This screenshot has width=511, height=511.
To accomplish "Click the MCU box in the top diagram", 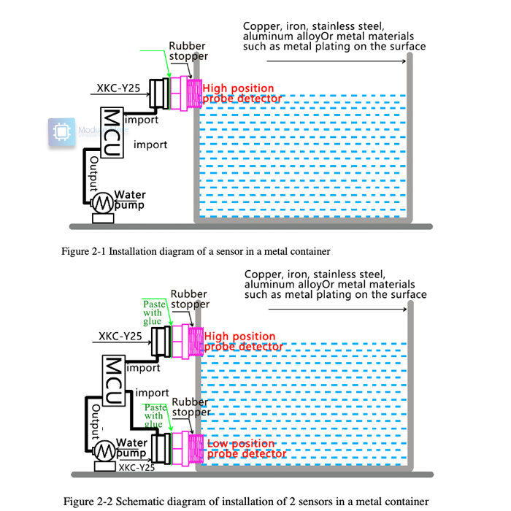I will click(x=112, y=131).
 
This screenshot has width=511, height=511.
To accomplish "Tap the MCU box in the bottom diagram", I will click(x=112, y=380).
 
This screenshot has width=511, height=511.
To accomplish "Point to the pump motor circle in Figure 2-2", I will click(x=104, y=450).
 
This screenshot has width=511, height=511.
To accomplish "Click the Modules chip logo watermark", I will click(x=62, y=133).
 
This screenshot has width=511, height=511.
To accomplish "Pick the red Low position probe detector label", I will click(x=245, y=448).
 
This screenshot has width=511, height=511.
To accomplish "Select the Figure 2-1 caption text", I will click(x=196, y=251).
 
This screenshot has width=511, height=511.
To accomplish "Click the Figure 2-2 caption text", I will click(x=245, y=501).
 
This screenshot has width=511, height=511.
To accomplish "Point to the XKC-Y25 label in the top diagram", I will click(x=118, y=89).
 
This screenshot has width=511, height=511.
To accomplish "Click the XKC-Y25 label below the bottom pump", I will click(x=136, y=468).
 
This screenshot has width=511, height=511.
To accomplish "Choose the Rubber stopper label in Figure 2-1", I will click(x=188, y=51).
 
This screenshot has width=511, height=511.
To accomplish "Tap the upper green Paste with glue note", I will click(x=153, y=312).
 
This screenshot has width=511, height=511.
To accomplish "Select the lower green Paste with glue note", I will click(x=154, y=415).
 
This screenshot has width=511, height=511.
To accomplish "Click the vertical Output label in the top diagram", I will click(x=93, y=172).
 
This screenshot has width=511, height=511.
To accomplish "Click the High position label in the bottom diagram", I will click(x=239, y=337).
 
